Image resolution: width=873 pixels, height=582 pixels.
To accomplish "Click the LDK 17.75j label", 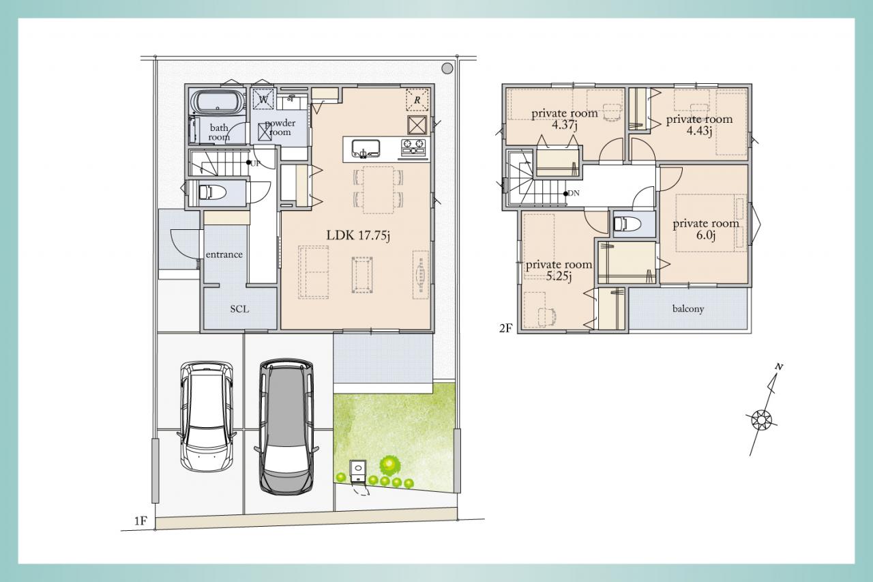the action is [358, 235].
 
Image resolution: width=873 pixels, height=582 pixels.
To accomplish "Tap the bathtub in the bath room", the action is [218, 102].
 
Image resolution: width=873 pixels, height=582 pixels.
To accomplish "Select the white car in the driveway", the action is [207, 416].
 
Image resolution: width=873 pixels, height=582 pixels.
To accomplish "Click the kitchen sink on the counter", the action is [366, 149].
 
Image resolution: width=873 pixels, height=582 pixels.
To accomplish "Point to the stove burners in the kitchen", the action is [413, 148].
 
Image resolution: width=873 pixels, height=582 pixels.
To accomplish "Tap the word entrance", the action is [224, 254].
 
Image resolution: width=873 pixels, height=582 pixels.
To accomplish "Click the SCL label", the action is [239, 309].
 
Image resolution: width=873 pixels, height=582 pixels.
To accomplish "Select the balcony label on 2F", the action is [688, 309].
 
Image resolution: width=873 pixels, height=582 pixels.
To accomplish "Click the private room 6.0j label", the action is [706, 229].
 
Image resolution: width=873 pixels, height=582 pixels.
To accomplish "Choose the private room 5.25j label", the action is [559, 271].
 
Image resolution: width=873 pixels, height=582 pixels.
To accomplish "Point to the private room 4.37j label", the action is [565, 119].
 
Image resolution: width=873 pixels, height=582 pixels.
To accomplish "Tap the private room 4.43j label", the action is [699, 125].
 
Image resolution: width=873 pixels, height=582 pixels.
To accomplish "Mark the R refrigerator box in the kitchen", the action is [417, 100].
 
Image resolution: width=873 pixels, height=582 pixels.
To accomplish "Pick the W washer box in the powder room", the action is [263, 99].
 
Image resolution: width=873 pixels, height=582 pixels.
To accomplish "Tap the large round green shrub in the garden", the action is [389, 463].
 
